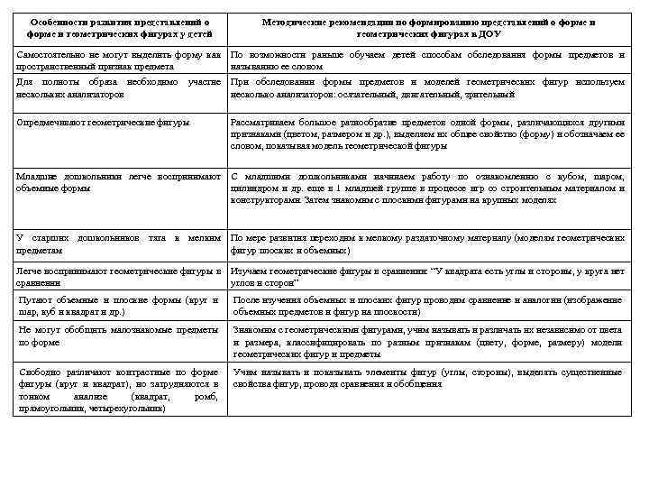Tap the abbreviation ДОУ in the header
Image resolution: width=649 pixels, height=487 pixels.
(488, 33)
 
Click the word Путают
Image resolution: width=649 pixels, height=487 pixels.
(37, 299)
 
